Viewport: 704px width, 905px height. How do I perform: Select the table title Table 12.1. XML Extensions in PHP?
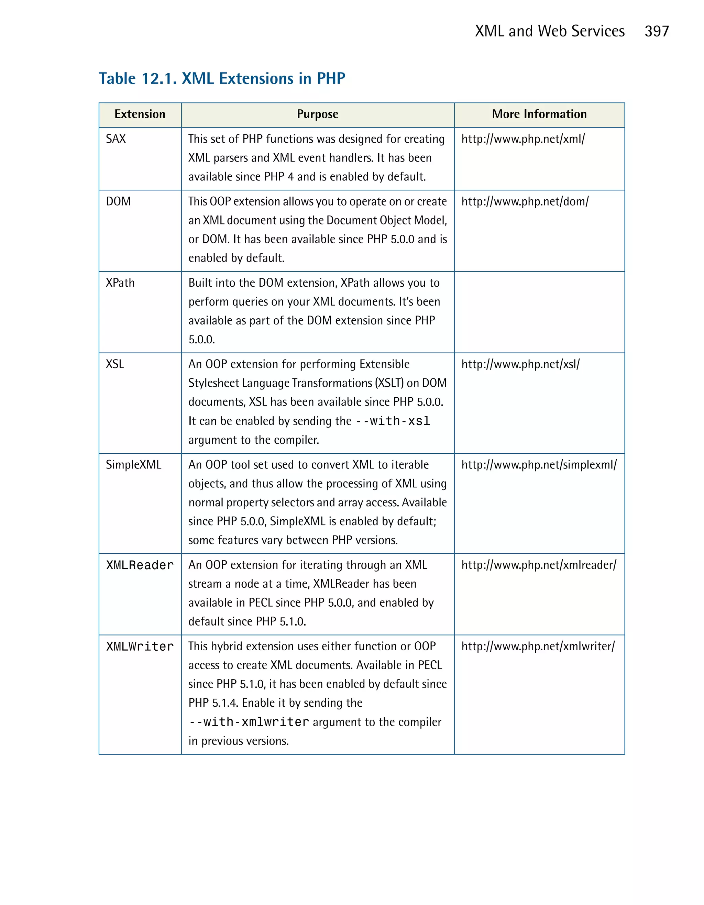[222, 78]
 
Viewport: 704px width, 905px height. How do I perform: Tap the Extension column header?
[140, 114]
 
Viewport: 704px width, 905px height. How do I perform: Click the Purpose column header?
[317, 114]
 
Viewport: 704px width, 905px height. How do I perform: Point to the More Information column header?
[539, 114]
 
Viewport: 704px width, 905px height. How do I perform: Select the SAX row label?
[115, 139]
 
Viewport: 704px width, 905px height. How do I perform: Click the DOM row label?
[118, 201]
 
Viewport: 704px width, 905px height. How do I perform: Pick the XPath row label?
[120, 283]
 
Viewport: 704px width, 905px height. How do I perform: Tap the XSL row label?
[115, 364]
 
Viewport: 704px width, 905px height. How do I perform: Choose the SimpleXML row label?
[133, 464]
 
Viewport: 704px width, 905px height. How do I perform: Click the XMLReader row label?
[140, 565]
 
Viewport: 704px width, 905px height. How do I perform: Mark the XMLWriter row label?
[140, 647]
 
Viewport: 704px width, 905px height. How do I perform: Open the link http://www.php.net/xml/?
[523, 139]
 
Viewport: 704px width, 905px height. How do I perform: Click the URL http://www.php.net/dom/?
[525, 201]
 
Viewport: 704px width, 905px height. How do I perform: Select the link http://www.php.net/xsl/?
[520, 364]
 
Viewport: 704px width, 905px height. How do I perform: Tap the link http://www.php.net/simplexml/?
[539, 464]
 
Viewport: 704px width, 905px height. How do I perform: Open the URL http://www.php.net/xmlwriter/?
[538, 647]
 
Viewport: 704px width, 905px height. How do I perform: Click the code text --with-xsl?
[393, 421]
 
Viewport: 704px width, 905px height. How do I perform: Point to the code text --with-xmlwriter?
[249, 722]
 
